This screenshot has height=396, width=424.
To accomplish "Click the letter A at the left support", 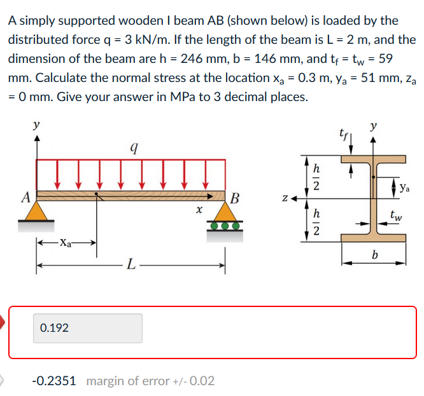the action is coord(26,197).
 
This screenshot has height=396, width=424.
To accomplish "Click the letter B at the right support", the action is coord(235,198).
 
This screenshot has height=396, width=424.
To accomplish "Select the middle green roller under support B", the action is coord(225,226).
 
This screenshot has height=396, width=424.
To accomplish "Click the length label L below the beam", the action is coord(131,264).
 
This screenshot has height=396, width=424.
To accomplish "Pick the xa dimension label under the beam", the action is coord(66,242).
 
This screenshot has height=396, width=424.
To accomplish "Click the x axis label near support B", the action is coord(199,210).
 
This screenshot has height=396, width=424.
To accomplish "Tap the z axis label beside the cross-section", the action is coord(285,198).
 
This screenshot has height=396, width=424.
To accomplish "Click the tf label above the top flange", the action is coord(343,133).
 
